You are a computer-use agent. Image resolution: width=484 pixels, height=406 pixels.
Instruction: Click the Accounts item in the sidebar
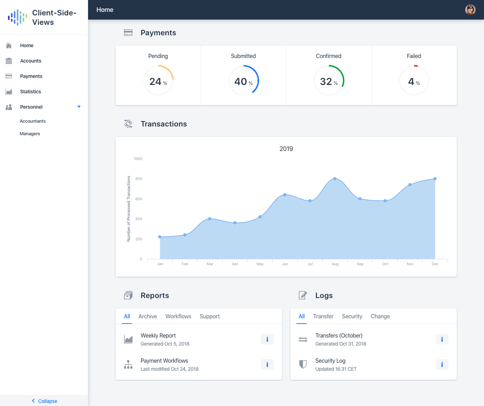click(x=30, y=61)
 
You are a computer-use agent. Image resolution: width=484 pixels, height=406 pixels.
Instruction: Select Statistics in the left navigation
click(x=30, y=92)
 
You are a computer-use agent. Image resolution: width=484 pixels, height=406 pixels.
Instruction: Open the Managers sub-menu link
click(x=30, y=134)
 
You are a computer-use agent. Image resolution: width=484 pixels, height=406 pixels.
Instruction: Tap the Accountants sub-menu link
click(x=33, y=121)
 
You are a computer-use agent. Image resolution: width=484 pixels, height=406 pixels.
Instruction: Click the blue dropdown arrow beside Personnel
click(x=79, y=107)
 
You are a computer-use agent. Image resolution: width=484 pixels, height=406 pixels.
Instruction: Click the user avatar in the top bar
click(x=470, y=10)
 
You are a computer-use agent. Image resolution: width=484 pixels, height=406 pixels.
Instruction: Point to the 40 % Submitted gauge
click(x=243, y=81)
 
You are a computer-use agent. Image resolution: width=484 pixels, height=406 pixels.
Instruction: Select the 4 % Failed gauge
click(x=414, y=81)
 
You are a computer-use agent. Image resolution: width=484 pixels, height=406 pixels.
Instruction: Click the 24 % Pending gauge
click(x=158, y=81)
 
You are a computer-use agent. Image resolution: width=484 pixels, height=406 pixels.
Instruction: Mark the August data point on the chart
click(x=335, y=179)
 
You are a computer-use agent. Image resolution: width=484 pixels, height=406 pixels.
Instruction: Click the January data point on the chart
click(x=160, y=237)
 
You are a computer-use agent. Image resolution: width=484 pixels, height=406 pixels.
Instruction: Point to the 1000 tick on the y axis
click(x=138, y=159)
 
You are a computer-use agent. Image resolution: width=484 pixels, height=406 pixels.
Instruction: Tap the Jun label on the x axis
click(x=285, y=264)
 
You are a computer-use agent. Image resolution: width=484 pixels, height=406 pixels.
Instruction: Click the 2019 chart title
click(x=286, y=149)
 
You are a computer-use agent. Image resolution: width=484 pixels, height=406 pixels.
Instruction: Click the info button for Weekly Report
click(x=267, y=339)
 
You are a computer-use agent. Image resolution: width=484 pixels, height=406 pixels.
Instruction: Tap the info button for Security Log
click(x=442, y=365)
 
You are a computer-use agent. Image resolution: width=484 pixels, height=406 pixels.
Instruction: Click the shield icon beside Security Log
click(x=303, y=365)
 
